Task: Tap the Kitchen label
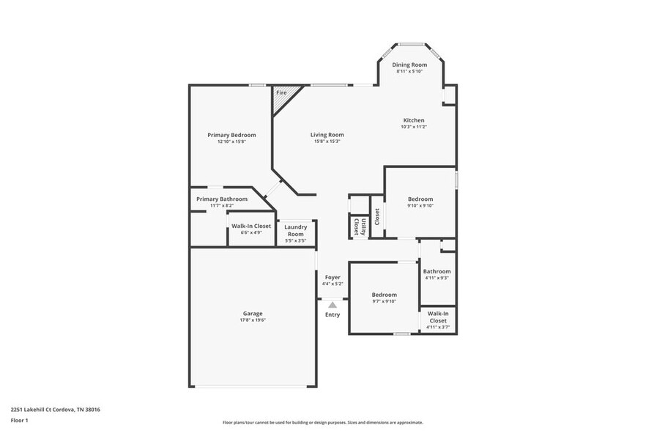tap(414, 120)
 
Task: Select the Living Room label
tap(327, 134)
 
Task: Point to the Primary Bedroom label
tap(231, 135)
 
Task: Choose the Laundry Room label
tap(295, 230)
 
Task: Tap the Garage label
tap(253, 313)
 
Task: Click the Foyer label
tap(333, 277)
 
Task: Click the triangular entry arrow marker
tap(333, 304)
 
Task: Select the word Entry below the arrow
tap(333, 315)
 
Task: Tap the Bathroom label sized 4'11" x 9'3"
tap(437, 271)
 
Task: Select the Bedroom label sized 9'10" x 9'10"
tap(420, 199)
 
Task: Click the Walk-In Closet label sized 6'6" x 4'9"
tap(251, 226)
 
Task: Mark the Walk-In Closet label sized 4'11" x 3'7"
tap(437, 317)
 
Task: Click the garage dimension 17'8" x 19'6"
tap(253, 320)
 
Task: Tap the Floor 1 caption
tap(19, 420)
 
